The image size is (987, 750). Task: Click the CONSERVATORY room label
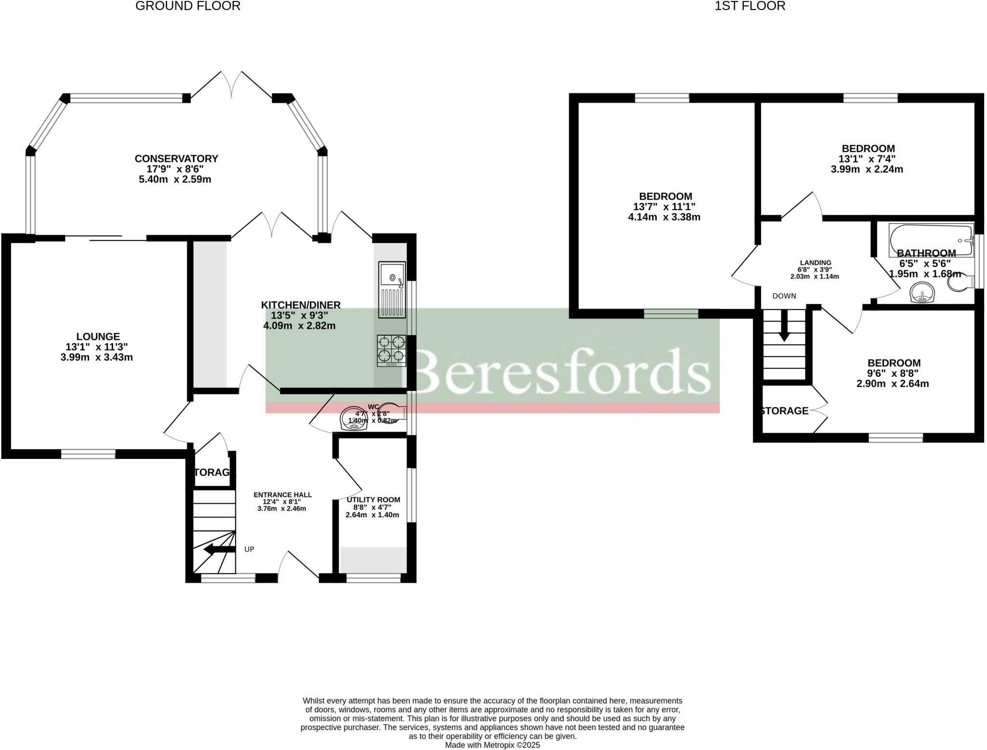coord(176,159)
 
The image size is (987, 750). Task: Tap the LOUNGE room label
coord(98,336)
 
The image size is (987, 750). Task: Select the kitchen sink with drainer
coord(392,290)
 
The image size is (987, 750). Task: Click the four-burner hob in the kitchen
coord(391,350)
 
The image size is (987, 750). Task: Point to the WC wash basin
coord(354,418)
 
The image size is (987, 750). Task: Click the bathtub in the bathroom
coord(931,240)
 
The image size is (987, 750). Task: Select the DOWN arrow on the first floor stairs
coord(784,326)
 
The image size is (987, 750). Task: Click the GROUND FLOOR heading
coord(188,6)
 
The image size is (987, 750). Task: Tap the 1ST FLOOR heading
coord(750,6)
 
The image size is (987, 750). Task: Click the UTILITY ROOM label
coord(373,499)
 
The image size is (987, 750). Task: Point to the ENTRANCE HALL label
coord(282,495)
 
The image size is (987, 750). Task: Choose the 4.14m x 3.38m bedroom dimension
coord(664,217)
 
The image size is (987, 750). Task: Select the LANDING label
coord(815,263)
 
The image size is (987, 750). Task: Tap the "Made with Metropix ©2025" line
coord(492,745)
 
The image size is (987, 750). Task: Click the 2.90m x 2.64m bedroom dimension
coord(893,384)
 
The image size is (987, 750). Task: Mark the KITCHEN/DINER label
coord(301,305)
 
